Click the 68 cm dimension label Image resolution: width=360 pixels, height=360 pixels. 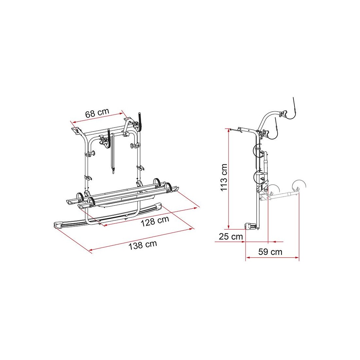(x=97, y=113)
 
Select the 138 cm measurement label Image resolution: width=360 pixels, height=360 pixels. (x=143, y=245)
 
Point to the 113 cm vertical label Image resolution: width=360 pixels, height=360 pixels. (x=224, y=177)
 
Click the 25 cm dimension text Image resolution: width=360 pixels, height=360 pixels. (x=231, y=237)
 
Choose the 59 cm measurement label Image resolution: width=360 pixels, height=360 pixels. (x=270, y=252)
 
